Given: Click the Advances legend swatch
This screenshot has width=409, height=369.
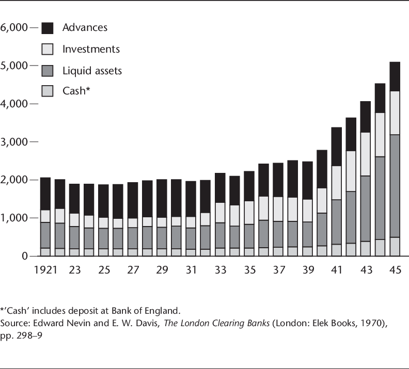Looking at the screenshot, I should point(48,28).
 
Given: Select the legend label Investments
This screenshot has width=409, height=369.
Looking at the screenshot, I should point(91,49).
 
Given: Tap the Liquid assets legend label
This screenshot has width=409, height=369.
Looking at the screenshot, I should point(92,70).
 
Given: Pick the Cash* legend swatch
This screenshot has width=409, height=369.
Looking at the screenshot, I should point(48,92).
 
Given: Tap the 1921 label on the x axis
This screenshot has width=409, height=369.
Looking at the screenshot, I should point(45,270).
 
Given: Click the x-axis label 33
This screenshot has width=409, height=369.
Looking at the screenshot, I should point(221,270).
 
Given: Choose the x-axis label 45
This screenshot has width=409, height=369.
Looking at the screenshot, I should point(395,270).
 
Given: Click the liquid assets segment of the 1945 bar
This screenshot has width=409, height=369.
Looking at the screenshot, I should point(395,186).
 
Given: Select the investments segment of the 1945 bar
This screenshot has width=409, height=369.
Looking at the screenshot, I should point(395,113).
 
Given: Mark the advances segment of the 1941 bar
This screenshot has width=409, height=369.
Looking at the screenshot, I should point(337,147).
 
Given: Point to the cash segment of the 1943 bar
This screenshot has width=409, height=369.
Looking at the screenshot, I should point(366,248).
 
